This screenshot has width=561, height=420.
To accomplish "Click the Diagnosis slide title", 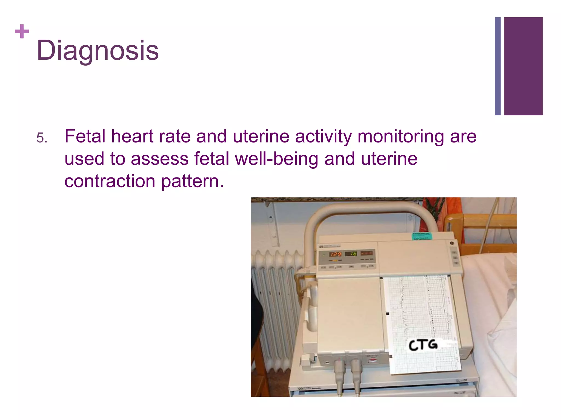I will [x=98, y=50].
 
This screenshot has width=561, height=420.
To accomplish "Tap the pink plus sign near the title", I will [x=22, y=31].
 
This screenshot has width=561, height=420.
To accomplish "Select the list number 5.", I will [x=42, y=138].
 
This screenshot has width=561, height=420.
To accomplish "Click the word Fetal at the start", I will [x=85, y=136].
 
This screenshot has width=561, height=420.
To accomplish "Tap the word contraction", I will [x=110, y=182].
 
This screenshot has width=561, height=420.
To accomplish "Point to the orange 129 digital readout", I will [x=335, y=254].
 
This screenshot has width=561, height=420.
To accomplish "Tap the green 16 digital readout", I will [x=351, y=253].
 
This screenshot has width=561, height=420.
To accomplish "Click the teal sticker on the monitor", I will [x=422, y=236].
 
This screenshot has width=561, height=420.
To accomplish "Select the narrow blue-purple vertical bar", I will [x=497, y=66].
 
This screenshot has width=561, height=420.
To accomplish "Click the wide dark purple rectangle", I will [x=523, y=66].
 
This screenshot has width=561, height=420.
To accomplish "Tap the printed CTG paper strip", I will [x=422, y=314].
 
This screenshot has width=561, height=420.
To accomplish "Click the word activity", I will [x=323, y=136].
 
